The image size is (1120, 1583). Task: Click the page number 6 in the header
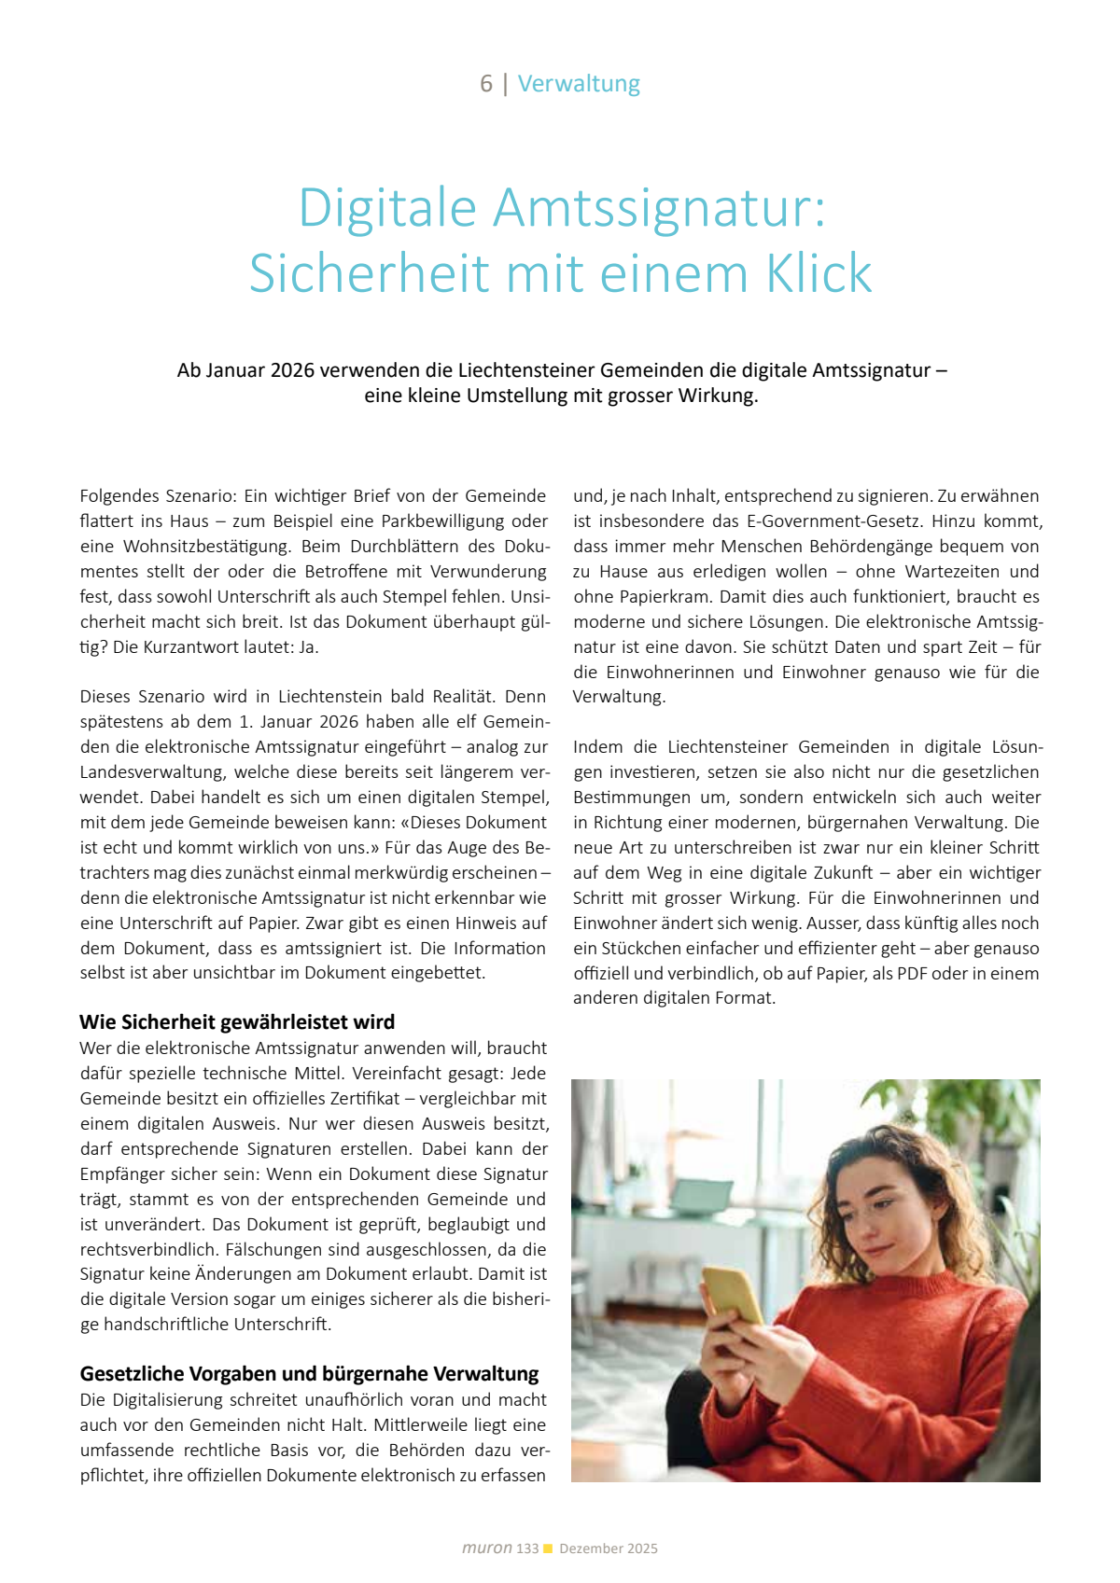tap(486, 84)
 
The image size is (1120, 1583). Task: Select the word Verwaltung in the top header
tap(579, 84)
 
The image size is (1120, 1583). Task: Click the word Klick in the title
tap(819, 273)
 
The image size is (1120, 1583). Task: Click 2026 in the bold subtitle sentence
tap(292, 370)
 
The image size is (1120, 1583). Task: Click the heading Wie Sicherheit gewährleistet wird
tap(237, 1021)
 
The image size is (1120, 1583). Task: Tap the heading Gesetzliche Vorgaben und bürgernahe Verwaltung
tap(309, 1373)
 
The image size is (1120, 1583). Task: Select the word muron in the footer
tap(487, 1548)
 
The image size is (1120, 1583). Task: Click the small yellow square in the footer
tap(548, 1548)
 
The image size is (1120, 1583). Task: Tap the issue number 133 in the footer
tap(527, 1548)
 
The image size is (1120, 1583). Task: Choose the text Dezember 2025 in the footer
tap(609, 1548)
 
